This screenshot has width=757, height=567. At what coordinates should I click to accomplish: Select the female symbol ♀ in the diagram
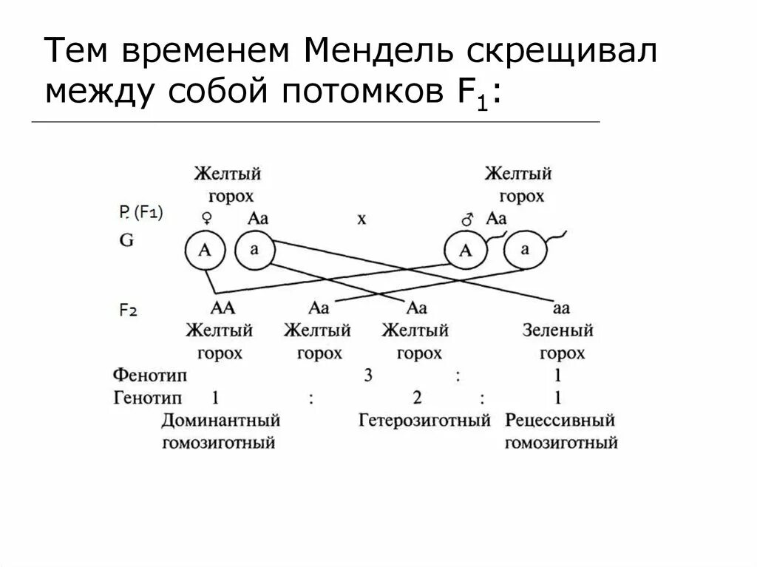(208, 218)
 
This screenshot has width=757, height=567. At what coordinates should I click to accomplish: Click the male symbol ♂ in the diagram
(466, 219)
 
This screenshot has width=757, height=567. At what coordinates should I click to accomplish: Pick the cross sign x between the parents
(361, 220)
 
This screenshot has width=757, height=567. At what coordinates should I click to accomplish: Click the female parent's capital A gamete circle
(206, 251)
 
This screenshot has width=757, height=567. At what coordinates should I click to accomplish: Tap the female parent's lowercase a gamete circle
(255, 250)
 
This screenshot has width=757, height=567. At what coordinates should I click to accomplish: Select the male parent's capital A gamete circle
(466, 251)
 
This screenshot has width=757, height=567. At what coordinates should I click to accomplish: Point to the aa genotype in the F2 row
(561, 308)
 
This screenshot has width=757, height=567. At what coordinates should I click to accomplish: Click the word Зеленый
(557, 330)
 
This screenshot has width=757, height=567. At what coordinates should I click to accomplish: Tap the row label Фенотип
(150, 376)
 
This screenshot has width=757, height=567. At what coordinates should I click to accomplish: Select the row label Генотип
(148, 398)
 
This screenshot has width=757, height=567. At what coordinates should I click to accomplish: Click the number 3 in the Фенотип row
(367, 376)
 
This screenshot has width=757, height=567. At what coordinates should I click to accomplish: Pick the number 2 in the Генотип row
(417, 398)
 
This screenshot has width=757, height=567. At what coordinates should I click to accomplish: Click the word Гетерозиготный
(424, 421)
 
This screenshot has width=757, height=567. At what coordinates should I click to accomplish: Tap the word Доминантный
(221, 421)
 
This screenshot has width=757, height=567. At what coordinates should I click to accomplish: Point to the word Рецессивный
(560, 421)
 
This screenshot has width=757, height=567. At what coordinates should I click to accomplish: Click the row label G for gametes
(126, 240)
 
